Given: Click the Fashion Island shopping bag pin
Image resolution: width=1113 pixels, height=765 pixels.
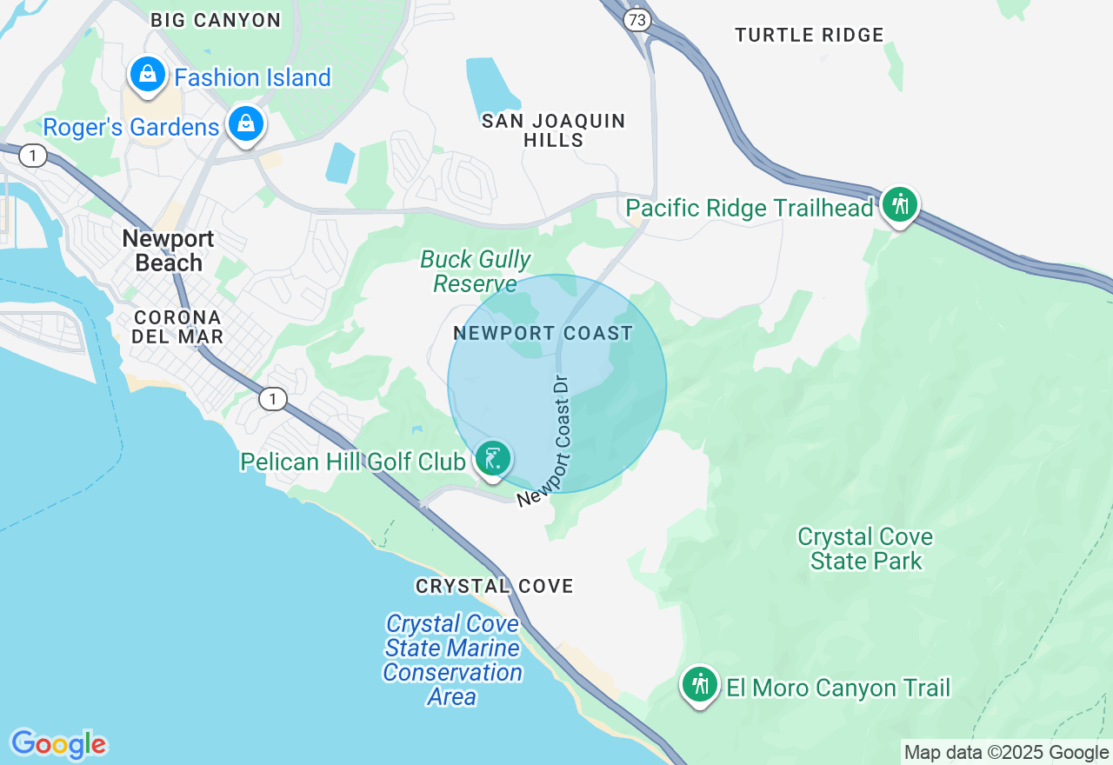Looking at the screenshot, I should click(x=149, y=75).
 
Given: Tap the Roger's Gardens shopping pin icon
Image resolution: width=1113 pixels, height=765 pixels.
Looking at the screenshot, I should click(x=247, y=123).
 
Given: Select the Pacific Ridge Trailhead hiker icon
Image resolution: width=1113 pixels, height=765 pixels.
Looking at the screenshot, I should click(x=900, y=205).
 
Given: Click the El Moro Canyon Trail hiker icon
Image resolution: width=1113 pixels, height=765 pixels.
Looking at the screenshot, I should click(x=700, y=685).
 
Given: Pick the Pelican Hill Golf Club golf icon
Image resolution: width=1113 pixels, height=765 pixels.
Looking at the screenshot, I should click(x=493, y=458).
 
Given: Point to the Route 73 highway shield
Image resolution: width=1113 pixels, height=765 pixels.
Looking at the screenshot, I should click(x=637, y=19).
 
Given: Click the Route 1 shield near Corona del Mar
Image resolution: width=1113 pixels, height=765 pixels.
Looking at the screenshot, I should click(x=273, y=399).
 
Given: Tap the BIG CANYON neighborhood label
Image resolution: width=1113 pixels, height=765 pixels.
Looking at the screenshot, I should click(x=216, y=20).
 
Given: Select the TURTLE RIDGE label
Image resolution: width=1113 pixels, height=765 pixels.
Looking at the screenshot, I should click(x=809, y=36).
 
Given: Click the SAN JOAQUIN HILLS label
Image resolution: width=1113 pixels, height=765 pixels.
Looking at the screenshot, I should click(x=554, y=130).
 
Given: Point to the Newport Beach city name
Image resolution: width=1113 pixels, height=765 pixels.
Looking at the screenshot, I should click(x=169, y=250).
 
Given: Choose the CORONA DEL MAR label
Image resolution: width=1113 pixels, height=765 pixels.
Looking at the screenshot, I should click(x=177, y=327).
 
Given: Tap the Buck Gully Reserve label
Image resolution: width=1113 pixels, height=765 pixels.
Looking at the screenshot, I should click(x=476, y=271).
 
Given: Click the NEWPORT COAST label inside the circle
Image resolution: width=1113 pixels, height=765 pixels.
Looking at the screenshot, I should click(x=543, y=333).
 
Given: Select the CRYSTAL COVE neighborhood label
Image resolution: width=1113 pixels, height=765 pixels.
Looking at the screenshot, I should click(x=494, y=587).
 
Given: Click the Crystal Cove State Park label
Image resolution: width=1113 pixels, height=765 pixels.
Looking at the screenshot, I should click(x=865, y=549).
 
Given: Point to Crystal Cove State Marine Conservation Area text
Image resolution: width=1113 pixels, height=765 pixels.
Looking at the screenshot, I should click(x=452, y=660).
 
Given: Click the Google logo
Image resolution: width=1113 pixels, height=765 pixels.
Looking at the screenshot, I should click(x=58, y=744).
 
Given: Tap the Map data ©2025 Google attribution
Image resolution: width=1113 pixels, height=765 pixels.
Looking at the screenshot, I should click(x=1006, y=753).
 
